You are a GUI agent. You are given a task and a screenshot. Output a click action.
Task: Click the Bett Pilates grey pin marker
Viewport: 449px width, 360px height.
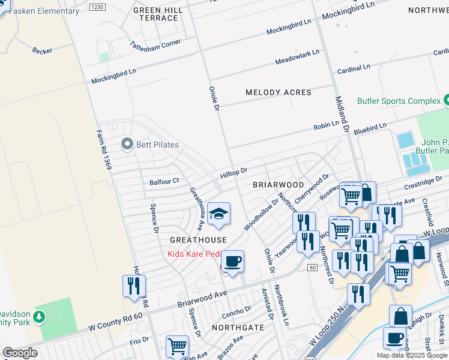(x=127, y=144)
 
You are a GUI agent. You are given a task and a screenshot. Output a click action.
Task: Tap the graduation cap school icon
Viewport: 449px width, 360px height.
(x=219, y=214)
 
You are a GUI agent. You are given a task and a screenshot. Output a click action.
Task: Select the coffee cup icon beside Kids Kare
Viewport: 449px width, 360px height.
(x=232, y=262)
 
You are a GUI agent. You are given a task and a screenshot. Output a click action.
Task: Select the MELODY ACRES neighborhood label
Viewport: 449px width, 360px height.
(x=279, y=92)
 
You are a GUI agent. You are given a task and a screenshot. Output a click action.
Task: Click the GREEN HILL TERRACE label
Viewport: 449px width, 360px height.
(x=156, y=14)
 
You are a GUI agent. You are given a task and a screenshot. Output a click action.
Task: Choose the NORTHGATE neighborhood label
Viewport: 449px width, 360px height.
(x=238, y=328)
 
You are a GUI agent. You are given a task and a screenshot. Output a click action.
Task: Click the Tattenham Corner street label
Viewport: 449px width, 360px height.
(x=155, y=45)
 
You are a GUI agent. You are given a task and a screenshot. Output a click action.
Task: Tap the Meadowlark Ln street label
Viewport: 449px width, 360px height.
(x=297, y=58)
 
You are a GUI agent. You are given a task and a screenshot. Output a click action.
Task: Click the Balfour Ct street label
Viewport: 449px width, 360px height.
(x=164, y=181)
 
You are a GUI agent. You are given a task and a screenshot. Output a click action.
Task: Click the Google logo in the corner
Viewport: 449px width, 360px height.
(x=20, y=353)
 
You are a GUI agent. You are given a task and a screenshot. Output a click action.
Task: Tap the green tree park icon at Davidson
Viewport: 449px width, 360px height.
(x=39, y=316)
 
